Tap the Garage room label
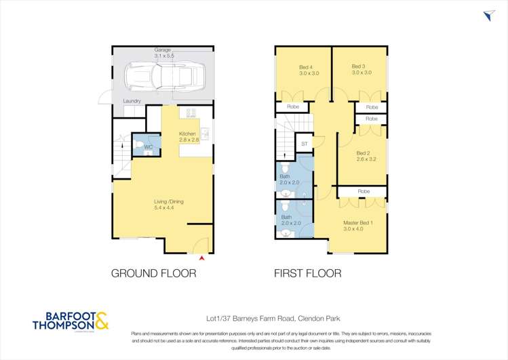[162, 49]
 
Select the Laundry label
[132, 101]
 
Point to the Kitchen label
[187, 134]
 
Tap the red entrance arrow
[201, 258]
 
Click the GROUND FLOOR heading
[154, 274]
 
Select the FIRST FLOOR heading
[307, 274]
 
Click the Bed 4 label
[306, 66]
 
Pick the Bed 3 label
[359, 66]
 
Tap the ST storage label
[305, 144]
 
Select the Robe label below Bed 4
[293, 107]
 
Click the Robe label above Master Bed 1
[364, 192]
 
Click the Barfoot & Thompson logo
[71, 321]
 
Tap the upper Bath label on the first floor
[284, 176]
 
